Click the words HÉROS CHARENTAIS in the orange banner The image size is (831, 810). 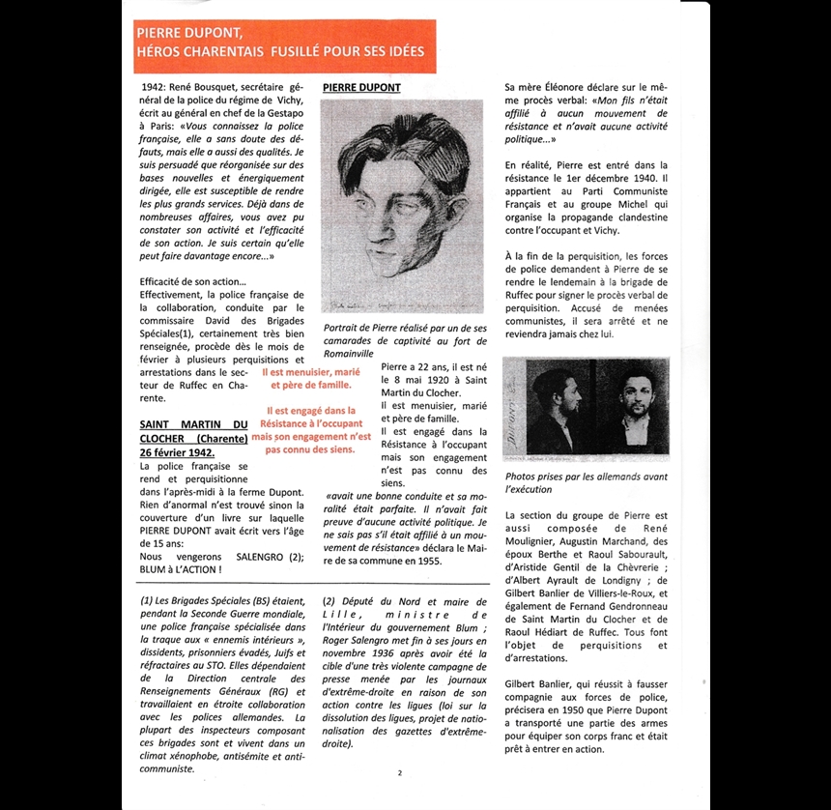pyautogui.click(x=199, y=51)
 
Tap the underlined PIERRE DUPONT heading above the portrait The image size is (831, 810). pyautogui.click(x=361, y=88)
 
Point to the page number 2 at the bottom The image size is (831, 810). pyautogui.click(x=400, y=773)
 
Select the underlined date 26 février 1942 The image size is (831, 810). pyautogui.click(x=178, y=452)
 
